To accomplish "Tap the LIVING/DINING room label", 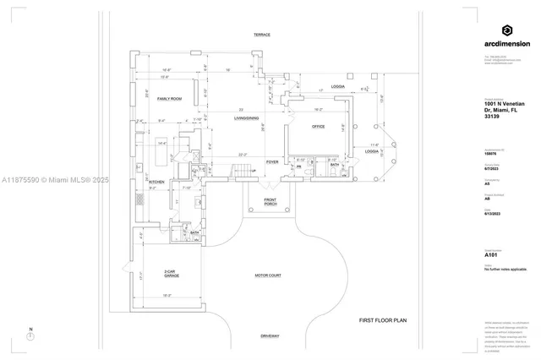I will point(245,118).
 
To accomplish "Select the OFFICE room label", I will point(318,126).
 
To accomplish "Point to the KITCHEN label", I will point(156,182).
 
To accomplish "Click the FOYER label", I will point(272,161).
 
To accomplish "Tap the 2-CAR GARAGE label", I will point(170,274).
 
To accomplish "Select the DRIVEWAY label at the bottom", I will point(270,336).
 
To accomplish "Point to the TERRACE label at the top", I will point(262,35).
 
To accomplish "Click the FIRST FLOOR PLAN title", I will point(383,320).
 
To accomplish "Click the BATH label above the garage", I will point(194,232).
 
